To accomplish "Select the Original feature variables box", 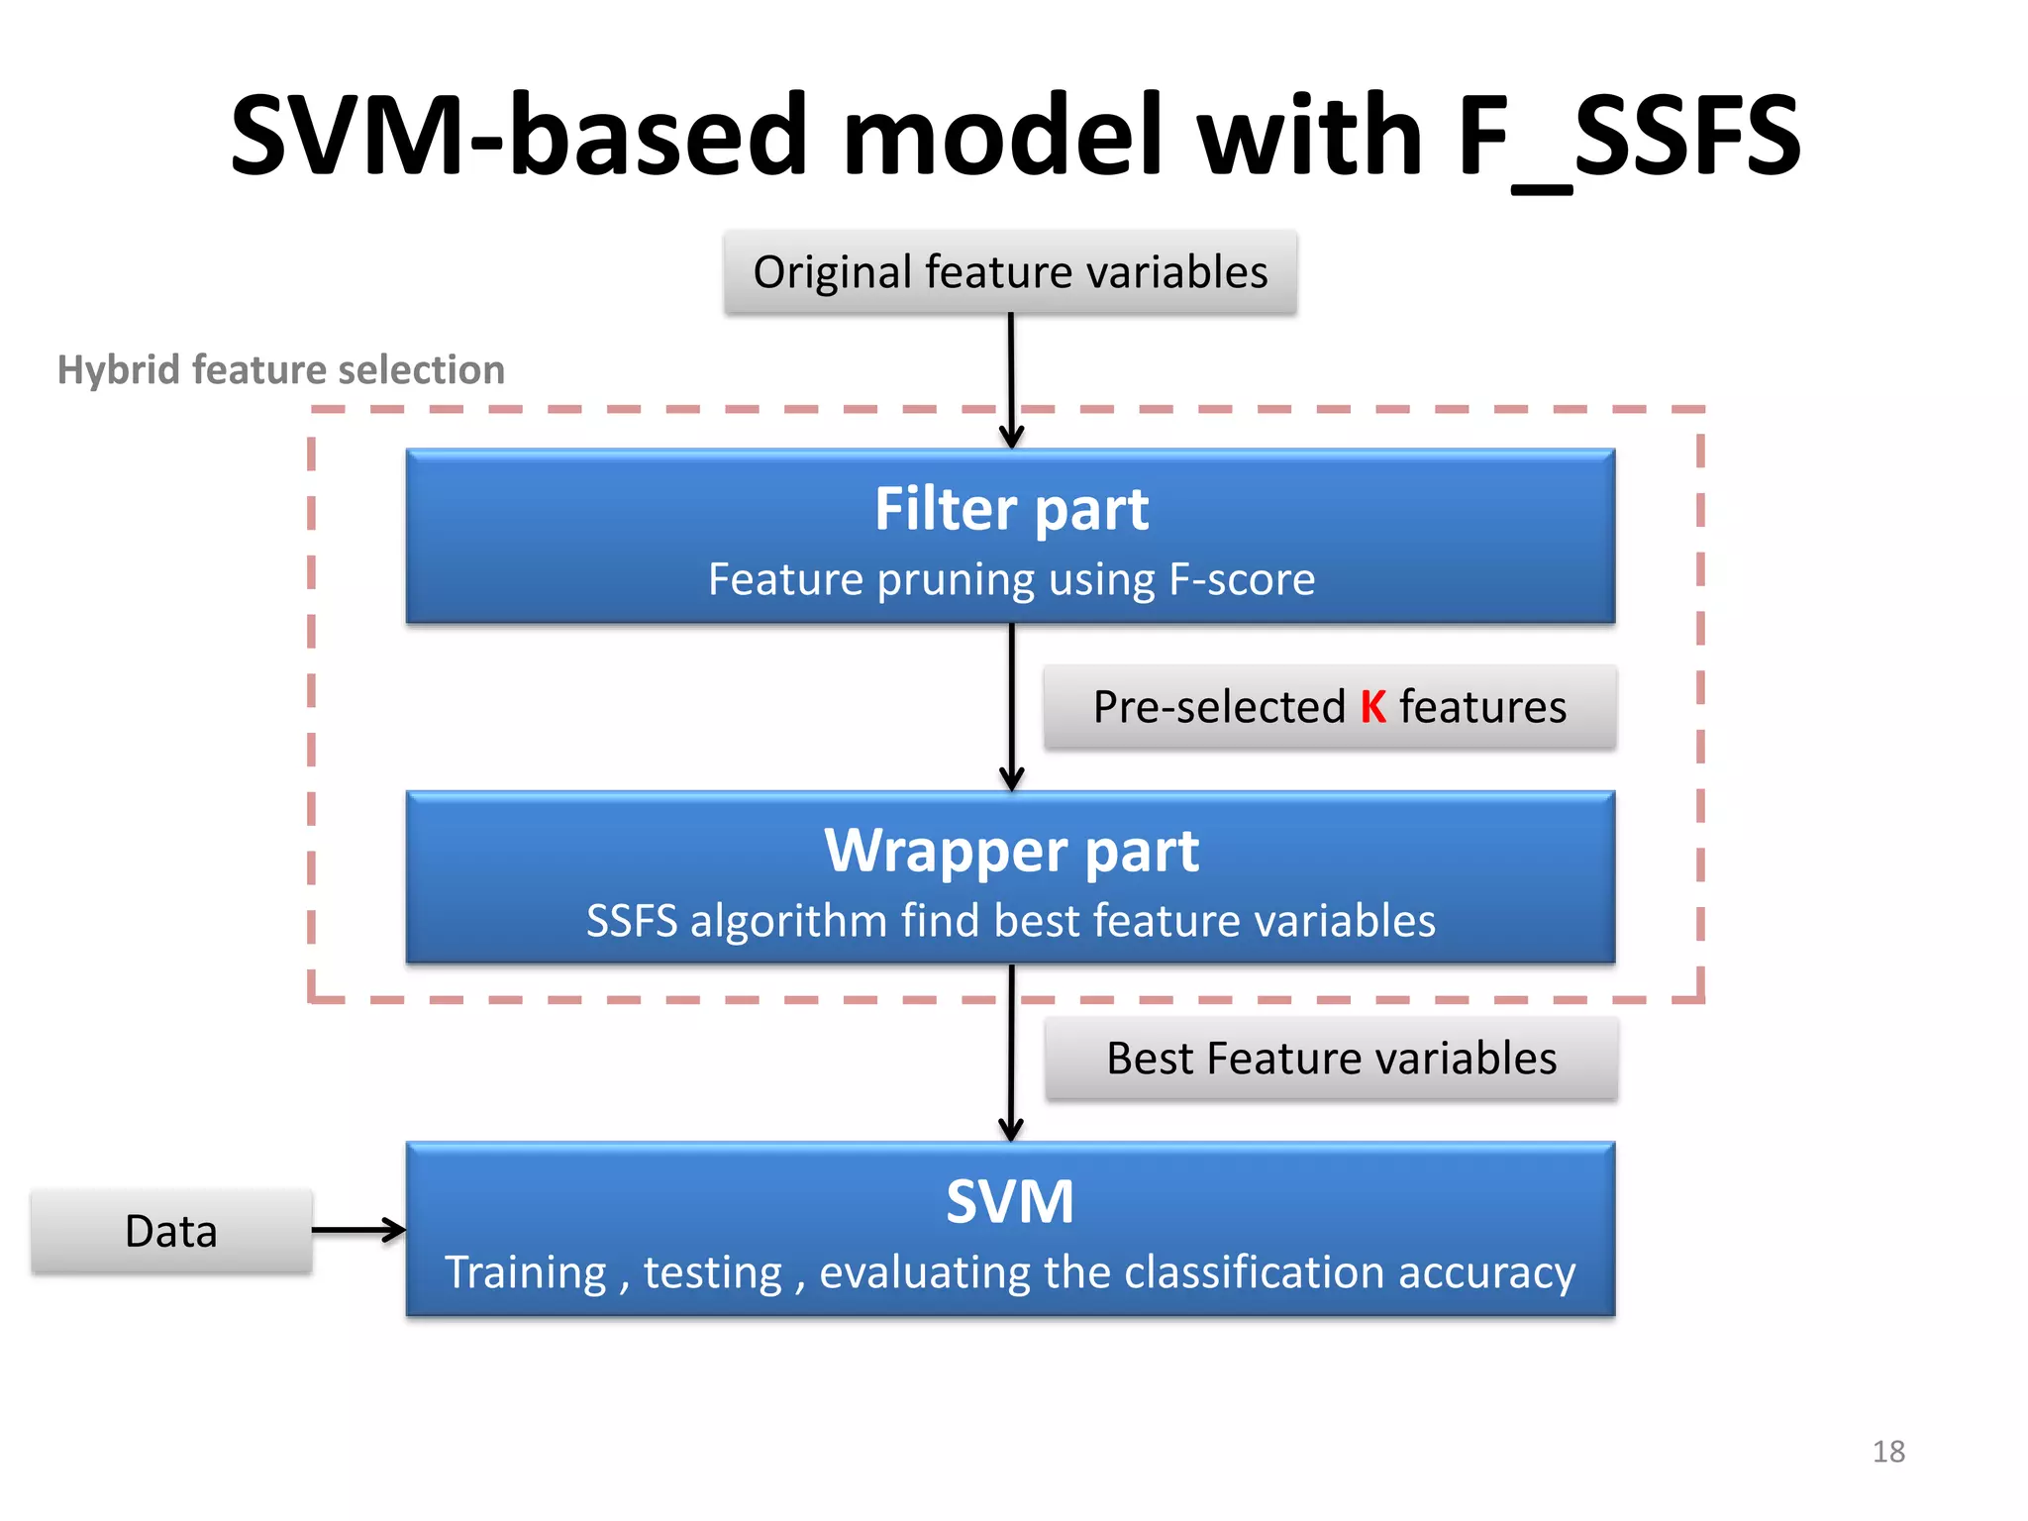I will click(1010, 272).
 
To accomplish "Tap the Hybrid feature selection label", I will click(281, 369).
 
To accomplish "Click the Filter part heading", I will click(1011, 509).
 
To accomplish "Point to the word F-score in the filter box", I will click(1242, 579).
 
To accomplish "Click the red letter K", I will click(1372, 707).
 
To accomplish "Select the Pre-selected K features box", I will click(1329, 707).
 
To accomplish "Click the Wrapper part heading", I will click(1011, 851).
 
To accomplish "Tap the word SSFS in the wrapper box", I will click(632, 921).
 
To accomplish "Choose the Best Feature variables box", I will click(1331, 1059).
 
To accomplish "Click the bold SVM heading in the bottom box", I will click(1010, 1202).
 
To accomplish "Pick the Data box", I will click(171, 1231).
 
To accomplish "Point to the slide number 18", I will click(1888, 1452).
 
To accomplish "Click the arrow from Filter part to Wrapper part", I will click(1011, 707).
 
